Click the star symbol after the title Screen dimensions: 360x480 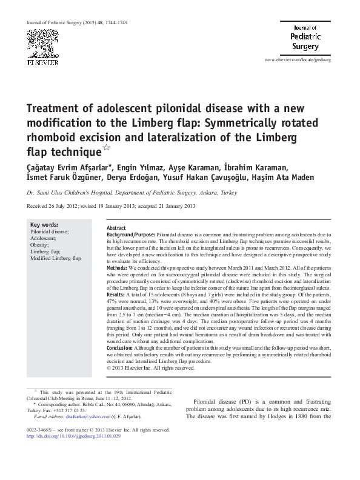(108, 147)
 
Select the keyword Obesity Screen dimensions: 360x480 (41, 244)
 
